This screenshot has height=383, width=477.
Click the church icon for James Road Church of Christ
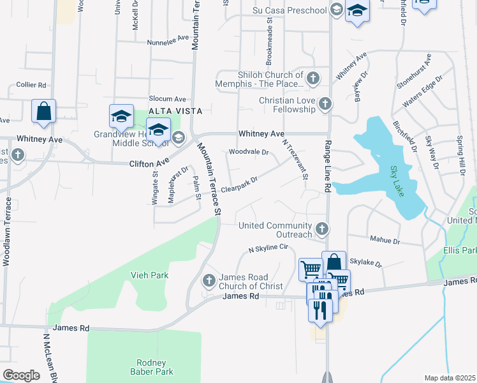tap(209, 280)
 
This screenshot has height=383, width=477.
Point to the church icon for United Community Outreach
tap(322, 229)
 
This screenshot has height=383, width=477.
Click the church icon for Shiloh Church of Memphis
tap(312, 79)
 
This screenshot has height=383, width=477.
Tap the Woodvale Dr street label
tap(249, 153)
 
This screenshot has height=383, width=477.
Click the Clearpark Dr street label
tap(241, 183)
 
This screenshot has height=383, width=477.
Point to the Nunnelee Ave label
tap(168, 38)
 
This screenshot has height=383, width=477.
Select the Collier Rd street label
tap(31, 85)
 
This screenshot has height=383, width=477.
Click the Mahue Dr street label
tap(385, 241)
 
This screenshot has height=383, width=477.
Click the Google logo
tap(22, 375)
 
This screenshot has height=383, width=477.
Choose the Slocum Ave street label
tap(167, 99)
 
